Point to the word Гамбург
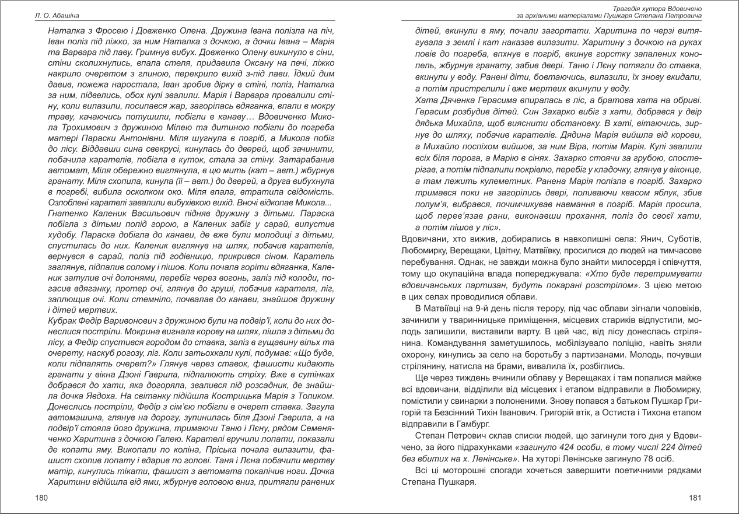[463, 423]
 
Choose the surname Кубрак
[62, 320]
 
